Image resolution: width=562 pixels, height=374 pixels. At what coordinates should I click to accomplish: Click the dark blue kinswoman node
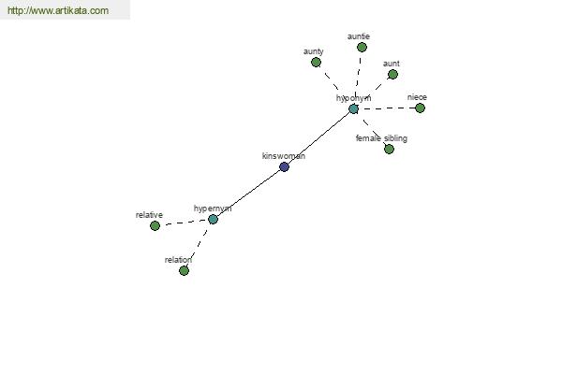pyautogui.click(x=284, y=166)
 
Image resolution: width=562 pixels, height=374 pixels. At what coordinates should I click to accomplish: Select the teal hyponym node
pyautogui.click(x=354, y=108)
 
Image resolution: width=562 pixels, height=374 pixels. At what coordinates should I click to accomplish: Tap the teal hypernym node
pyautogui.click(x=213, y=219)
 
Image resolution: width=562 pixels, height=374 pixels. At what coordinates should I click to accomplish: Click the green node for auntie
pyautogui.click(x=362, y=48)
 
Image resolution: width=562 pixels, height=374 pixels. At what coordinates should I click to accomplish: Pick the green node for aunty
pyautogui.click(x=316, y=63)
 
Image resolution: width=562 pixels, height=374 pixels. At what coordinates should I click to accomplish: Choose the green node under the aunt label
pyautogui.click(x=392, y=75)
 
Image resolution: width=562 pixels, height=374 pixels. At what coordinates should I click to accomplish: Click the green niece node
pyautogui.click(x=420, y=108)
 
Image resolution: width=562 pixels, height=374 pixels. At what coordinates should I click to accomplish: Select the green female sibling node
pyautogui.click(x=390, y=149)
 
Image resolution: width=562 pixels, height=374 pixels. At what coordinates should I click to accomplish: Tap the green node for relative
pyautogui.click(x=155, y=225)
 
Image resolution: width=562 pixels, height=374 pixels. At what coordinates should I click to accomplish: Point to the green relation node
pyautogui.click(x=184, y=270)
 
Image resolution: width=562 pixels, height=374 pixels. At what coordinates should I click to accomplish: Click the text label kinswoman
pyautogui.click(x=284, y=156)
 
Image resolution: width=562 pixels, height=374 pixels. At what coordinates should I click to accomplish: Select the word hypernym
pyautogui.click(x=213, y=209)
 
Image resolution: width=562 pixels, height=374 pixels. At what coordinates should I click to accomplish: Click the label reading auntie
pyautogui.click(x=359, y=36)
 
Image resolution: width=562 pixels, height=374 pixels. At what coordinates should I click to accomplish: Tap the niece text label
pyautogui.click(x=417, y=97)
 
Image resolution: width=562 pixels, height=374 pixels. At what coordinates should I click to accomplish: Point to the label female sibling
pyautogui.click(x=381, y=138)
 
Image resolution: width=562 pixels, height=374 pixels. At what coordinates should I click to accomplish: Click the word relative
pyautogui.click(x=149, y=215)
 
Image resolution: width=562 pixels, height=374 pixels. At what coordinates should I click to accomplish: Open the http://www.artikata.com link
pyautogui.click(x=58, y=10)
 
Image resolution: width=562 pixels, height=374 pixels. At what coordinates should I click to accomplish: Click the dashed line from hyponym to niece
pyautogui.click(x=387, y=108)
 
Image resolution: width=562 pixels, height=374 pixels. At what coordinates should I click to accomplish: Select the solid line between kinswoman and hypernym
pyautogui.click(x=249, y=193)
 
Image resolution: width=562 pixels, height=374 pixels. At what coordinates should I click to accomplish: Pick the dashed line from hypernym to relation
pyautogui.click(x=199, y=245)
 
